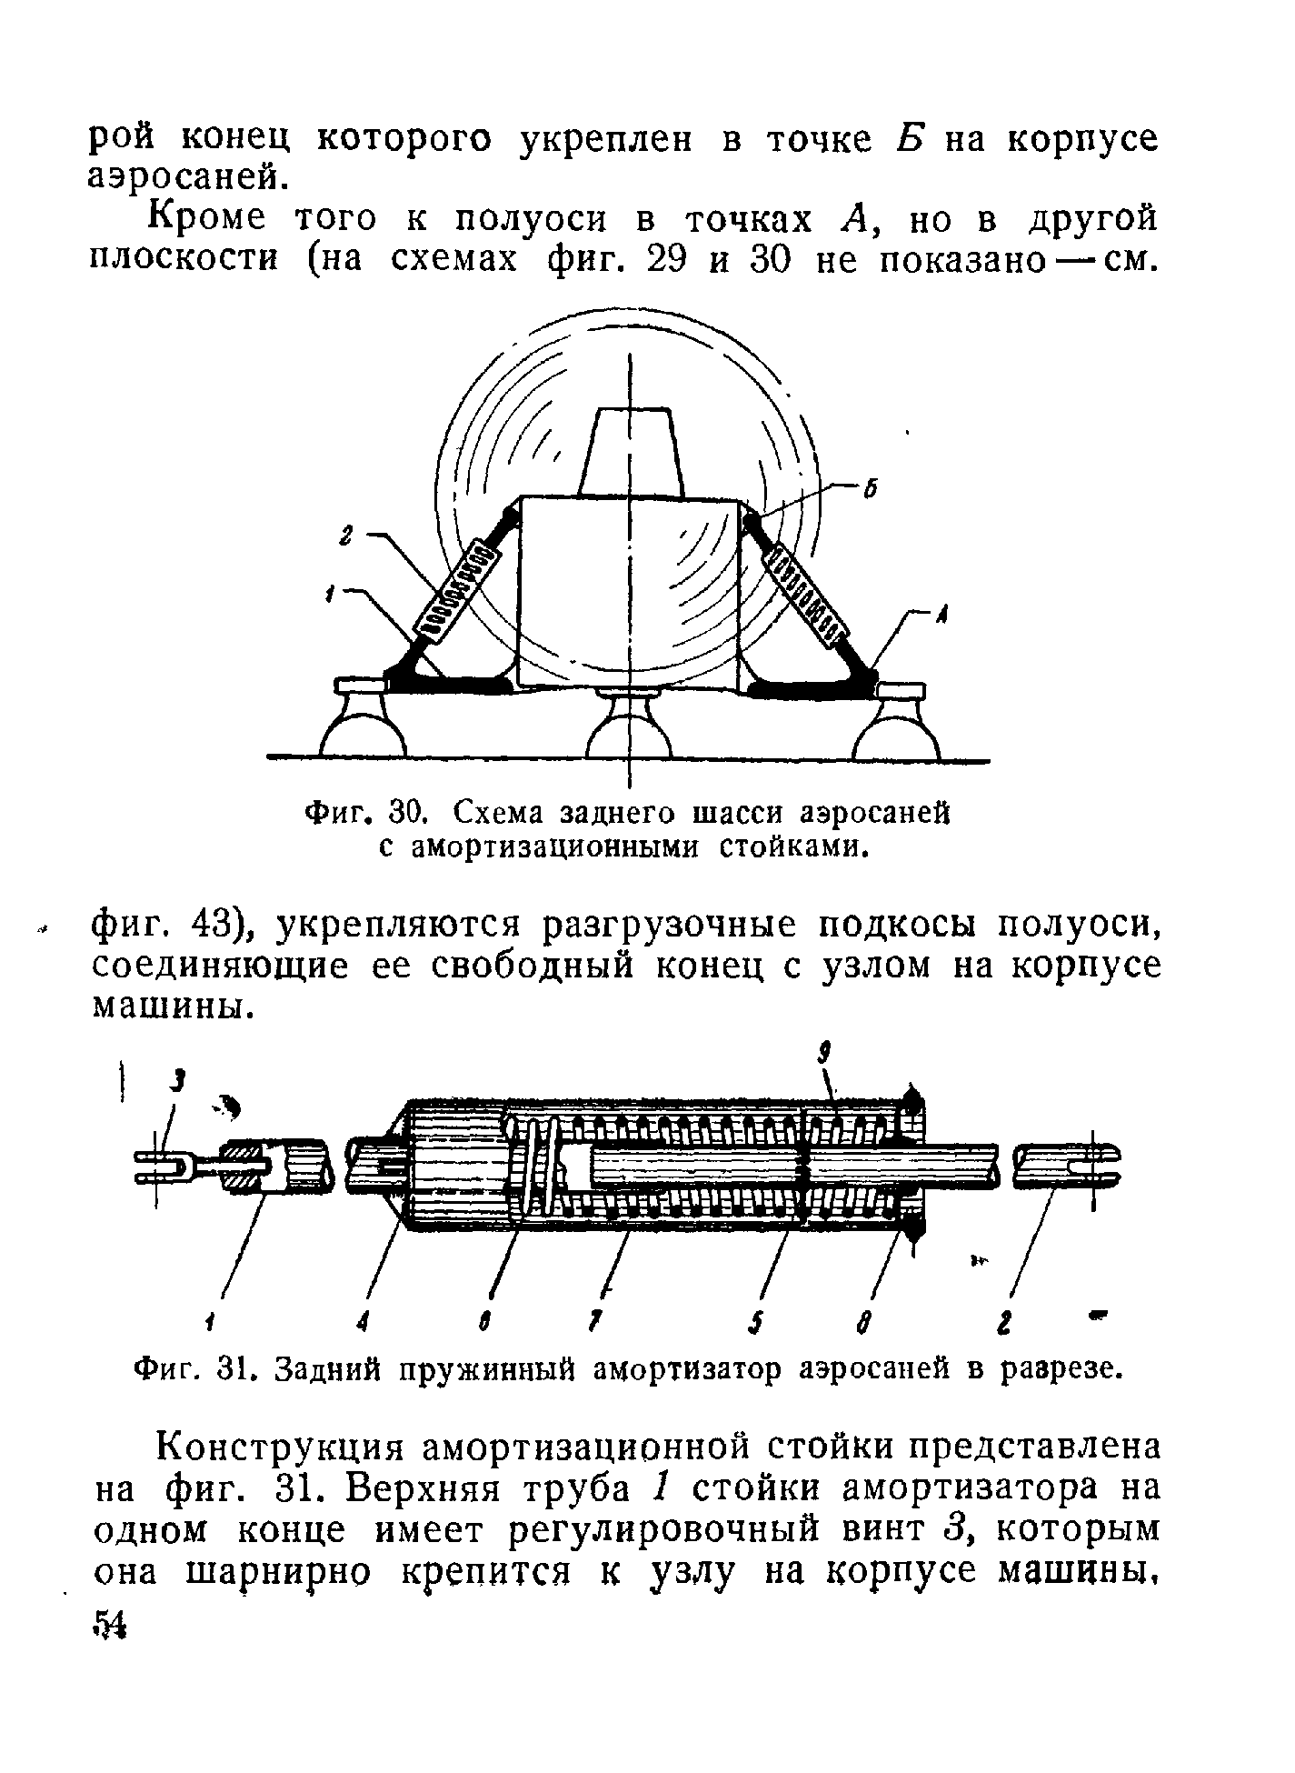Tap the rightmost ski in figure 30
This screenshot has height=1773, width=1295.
tap(897, 723)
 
